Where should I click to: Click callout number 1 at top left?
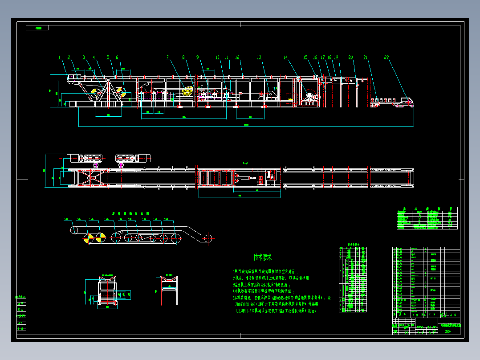pyautogui.click(x=59, y=57)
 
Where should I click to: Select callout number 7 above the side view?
pyautogui.click(x=168, y=57)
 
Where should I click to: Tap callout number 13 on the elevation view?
pyautogui.click(x=259, y=57)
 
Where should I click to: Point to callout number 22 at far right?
pyautogui.click(x=386, y=57)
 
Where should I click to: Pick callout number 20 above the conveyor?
pyautogui.click(x=351, y=57)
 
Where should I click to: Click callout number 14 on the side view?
pyautogui.click(x=286, y=57)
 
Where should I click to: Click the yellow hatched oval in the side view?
pyautogui.click(x=187, y=91)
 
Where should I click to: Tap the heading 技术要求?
pyautogui.click(x=263, y=257)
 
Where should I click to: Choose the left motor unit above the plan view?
pyautogui.click(x=85, y=158)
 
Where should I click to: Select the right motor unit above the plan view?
pyautogui.click(x=133, y=158)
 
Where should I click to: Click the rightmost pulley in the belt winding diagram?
pyautogui.click(x=208, y=238)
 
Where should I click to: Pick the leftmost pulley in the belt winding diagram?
pyautogui.click(x=73, y=230)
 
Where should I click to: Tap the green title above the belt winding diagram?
pyautogui.click(x=124, y=213)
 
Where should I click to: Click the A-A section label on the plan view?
pyautogui.click(x=245, y=164)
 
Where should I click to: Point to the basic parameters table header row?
pyautogui.click(x=427, y=209)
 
